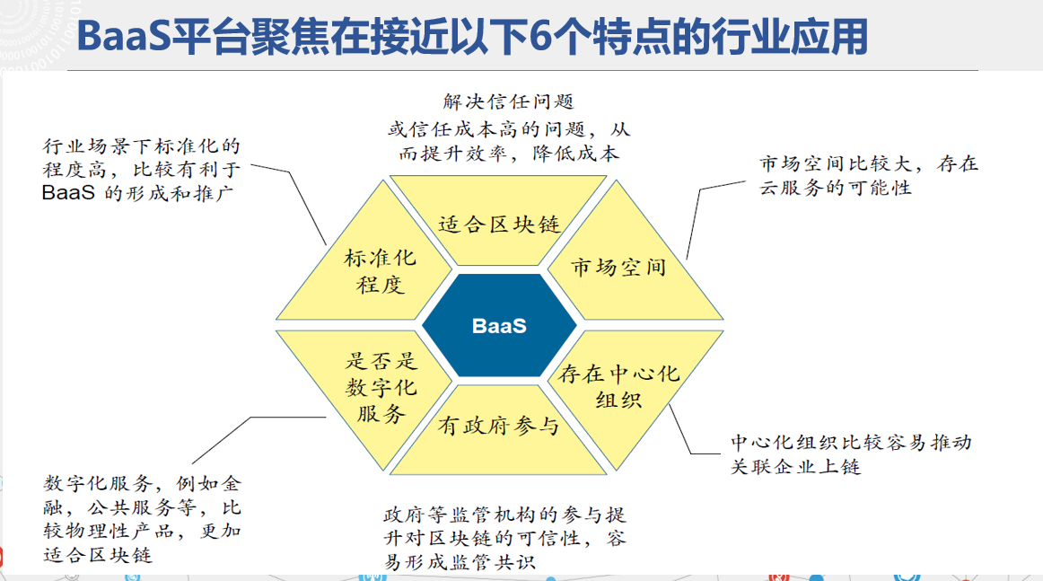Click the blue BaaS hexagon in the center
(499, 325)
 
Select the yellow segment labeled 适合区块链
(498, 221)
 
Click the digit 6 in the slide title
(541, 37)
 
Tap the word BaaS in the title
(124, 37)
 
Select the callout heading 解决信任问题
(508, 101)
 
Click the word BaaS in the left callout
(68, 193)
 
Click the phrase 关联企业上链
(795, 467)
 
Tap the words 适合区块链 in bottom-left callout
(98, 554)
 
